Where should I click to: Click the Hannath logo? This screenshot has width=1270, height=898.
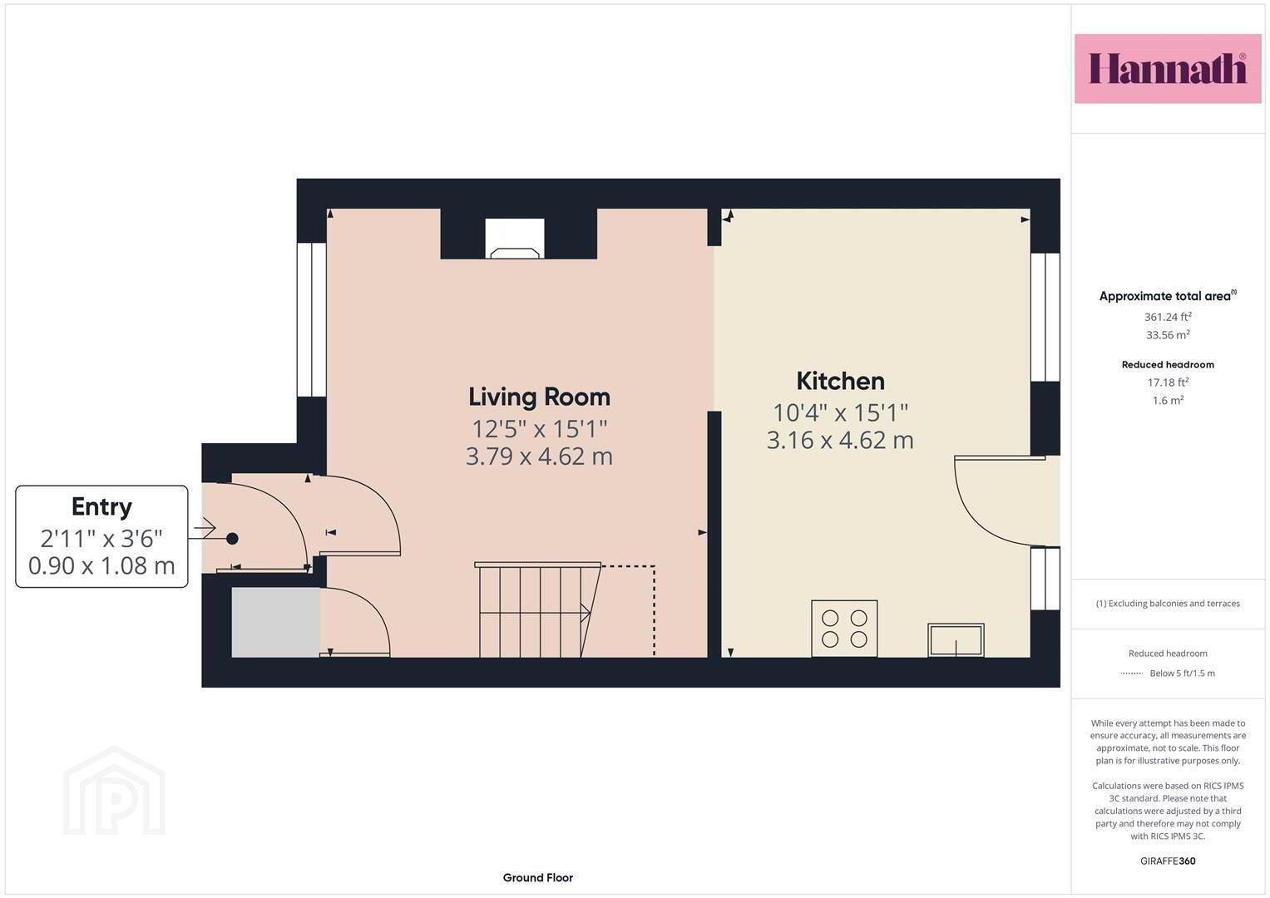(x=1168, y=68)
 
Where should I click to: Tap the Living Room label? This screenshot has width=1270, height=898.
(x=539, y=397)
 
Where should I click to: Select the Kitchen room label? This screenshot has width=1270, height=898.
(x=840, y=381)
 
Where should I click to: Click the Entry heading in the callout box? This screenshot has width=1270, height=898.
(x=101, y=507)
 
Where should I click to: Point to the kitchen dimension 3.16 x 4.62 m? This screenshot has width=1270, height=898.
(x=840, y=441)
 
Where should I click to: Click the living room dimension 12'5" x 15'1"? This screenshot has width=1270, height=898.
(x=539, y=428)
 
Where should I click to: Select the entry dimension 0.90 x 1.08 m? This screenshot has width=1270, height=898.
(x=101, y=565)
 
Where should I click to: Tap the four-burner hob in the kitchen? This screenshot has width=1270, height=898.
(x=844, y=629)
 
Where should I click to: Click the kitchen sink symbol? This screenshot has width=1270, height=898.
(x=956, y=640)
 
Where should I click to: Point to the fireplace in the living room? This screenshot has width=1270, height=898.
(x=515, y=238)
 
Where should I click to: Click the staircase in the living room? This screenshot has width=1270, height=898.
(x=537, y=610)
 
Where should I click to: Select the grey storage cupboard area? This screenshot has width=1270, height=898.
(x=275, y=623)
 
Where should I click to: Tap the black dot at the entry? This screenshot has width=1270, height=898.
(x=232, y=539)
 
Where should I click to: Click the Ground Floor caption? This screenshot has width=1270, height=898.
(x=537, y=877)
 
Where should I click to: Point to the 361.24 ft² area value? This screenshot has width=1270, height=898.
(x=1168, y=316)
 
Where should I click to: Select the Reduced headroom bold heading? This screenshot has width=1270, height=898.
(x=1168, y=364)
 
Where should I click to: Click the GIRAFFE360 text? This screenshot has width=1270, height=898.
(x=1168, y=861)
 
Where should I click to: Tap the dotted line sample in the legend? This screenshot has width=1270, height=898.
(x=1132, y=673)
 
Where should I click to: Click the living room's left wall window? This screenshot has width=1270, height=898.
(x=311, y=320)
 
